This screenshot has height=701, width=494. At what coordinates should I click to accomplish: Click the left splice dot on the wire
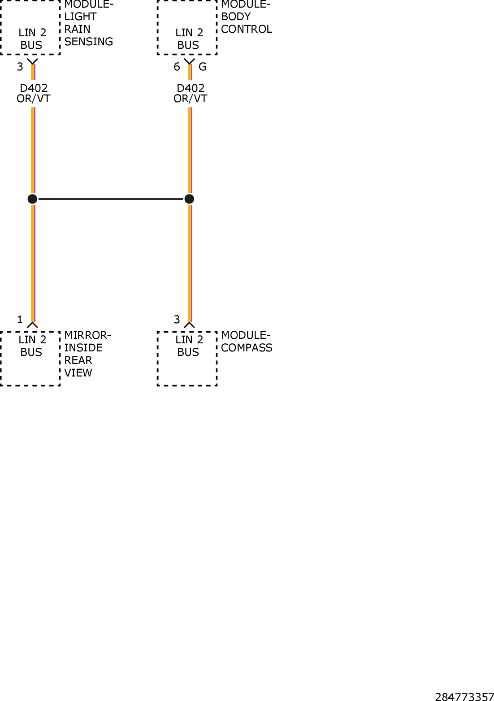point(33,199)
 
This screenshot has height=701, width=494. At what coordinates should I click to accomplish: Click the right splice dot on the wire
point(190,199)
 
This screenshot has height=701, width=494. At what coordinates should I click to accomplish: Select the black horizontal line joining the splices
point(111,199)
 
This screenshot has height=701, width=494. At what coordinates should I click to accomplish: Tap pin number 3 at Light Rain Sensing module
point(20,67)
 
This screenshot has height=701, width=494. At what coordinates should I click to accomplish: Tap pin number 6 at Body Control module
point(177,67)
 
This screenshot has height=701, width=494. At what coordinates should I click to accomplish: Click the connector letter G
point(203,67)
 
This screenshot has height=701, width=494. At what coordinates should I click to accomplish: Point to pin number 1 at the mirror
point(20,320)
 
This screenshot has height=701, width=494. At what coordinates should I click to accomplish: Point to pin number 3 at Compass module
point(177,320)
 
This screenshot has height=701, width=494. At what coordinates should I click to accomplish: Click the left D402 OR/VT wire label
point(34,93)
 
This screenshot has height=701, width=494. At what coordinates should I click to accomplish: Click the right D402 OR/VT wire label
point(191,93)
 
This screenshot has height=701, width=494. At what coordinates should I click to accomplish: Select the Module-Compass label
point(247,342)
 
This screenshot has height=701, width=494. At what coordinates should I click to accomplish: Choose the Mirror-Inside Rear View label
point(88,354)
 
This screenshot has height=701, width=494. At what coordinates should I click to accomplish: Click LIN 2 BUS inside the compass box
point(189,346)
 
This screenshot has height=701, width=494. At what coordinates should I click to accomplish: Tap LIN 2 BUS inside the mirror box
point(32,346)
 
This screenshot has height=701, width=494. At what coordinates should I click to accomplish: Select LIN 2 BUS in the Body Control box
point(189,39)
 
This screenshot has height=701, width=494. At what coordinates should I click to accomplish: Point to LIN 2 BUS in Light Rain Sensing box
point(32,39)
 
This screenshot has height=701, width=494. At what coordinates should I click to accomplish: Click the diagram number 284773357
point(464,697)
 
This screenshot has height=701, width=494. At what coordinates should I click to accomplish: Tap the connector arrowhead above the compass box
point(190,325)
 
